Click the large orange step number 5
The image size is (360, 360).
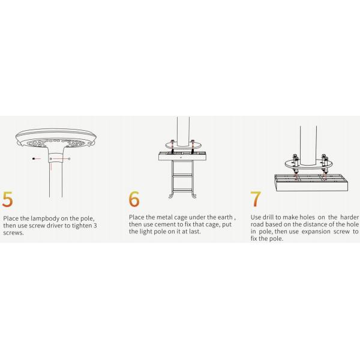(x=7, y=199)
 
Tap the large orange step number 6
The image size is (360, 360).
(x=134, y=199)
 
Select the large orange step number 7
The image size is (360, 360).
(x=256, y=199)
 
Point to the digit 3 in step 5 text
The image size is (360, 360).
(x=95, y=226)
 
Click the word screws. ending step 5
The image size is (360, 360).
(x=13, y=233)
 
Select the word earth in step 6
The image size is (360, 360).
(x=225, y=217)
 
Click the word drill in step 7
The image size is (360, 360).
(x=268, y=217)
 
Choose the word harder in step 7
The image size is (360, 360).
(x=349, y=217)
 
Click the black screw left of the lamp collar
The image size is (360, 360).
(x=34, y=158)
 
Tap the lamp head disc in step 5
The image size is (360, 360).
(x=56, y=138)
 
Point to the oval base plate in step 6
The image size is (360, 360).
(x=183, y=145)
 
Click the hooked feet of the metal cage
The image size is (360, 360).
(x=182, y=196)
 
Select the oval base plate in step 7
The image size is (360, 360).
(x=308, y=164)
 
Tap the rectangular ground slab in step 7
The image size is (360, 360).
(x=311, y=182)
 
